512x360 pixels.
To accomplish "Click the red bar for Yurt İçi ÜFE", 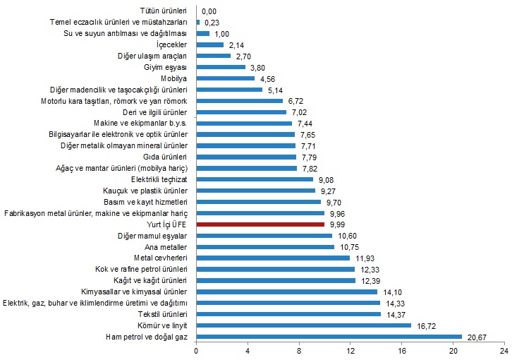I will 260,224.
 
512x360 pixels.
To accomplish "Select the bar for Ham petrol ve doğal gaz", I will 329,337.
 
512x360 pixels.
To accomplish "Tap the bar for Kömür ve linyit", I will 303,325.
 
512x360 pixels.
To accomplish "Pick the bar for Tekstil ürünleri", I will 288,314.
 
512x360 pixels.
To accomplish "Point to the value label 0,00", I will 209,11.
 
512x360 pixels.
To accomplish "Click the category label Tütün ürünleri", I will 164,11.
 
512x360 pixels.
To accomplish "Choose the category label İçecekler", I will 171,45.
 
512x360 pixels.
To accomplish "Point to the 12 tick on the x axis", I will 350,349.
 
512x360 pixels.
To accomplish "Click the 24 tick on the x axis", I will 504,349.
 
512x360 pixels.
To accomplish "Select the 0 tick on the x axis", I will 196,349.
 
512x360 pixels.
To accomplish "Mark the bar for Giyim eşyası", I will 221,67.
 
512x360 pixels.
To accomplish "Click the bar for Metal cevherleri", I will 273,258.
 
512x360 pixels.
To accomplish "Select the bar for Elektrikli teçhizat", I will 255,179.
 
